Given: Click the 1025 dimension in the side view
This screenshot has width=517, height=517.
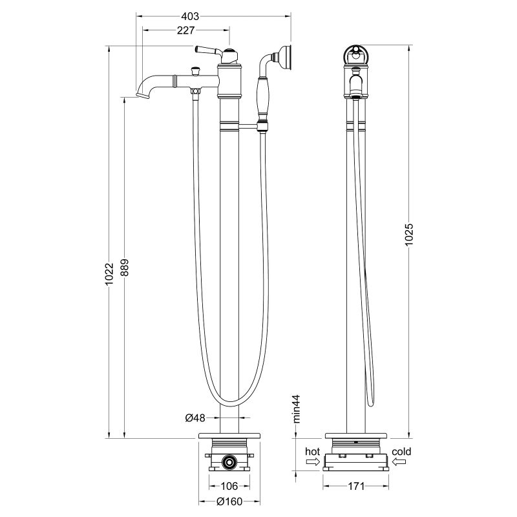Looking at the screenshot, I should click(409, 239).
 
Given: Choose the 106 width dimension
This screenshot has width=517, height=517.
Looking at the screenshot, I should click(231, 486).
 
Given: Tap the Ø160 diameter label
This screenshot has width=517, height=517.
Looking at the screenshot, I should click(231, 501).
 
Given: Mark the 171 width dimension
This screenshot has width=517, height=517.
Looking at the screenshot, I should click(358, 486).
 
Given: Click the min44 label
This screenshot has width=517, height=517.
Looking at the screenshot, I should click(297, 409).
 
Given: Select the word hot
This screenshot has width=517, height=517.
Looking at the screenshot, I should click(312, 451).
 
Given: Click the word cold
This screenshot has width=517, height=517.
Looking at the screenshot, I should click(401, 451).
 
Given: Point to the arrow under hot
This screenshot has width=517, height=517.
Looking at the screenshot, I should click(312, 461).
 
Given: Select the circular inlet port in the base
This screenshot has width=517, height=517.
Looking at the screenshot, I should click(228, 461).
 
